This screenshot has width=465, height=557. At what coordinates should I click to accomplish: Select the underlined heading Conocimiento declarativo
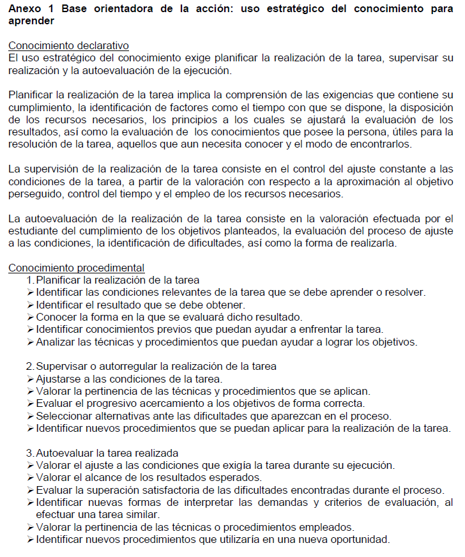(x=68, y=46)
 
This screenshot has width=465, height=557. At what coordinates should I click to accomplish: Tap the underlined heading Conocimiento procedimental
(x=76, y=268)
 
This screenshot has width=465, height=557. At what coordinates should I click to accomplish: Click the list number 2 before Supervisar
(x=29, y=367)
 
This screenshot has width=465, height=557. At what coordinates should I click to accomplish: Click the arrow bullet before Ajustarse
(x=30, y=379)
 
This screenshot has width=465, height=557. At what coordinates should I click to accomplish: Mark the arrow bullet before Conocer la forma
(x=30, y=317)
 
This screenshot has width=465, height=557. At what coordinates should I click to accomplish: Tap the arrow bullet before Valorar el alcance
(x=30, y=478)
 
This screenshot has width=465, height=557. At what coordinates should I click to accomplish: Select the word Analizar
(x=56, y=342)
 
